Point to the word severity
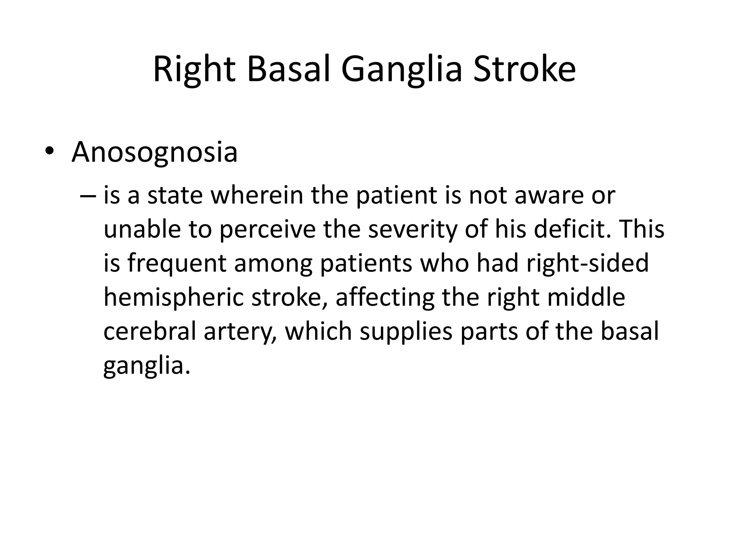(413, 230)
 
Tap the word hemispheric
(174, 298)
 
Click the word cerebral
(150, 331)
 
